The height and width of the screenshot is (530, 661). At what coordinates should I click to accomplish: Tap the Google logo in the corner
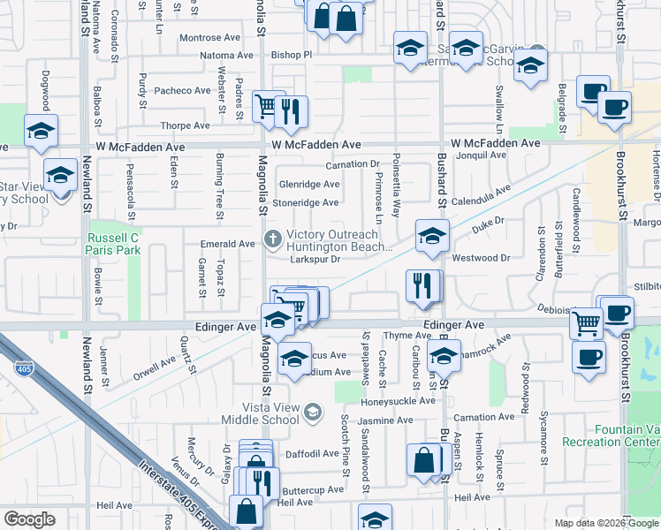30,519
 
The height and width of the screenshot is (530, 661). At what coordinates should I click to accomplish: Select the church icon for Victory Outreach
273,239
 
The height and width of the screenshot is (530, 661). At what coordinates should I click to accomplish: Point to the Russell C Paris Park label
113,245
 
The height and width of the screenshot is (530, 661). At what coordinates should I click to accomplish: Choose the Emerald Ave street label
228,244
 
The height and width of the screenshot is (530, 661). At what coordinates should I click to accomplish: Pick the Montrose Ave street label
209,38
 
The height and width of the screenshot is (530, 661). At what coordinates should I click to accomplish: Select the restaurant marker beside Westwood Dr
422,285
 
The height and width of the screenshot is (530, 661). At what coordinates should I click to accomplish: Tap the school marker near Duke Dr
431,236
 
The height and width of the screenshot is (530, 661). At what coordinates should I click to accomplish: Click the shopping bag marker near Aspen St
424,460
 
